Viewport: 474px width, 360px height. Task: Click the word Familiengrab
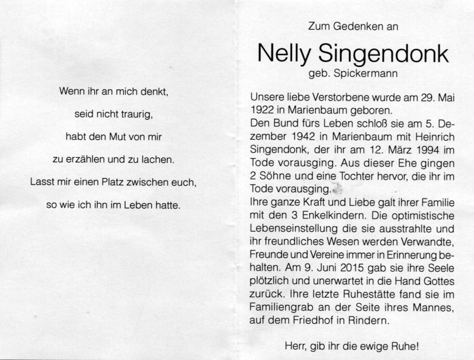tap(279, 308)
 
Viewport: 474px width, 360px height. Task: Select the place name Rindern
tap(372, 321)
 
